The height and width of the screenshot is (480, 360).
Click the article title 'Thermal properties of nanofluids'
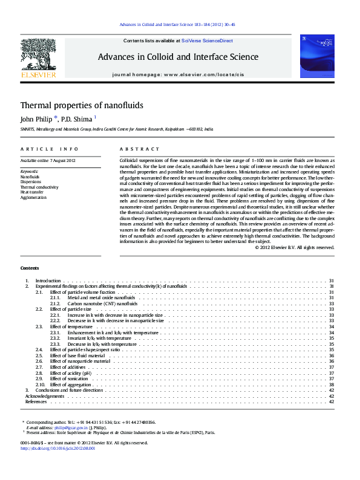tap(82, 105)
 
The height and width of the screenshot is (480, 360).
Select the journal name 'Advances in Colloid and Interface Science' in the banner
tap(178, 57)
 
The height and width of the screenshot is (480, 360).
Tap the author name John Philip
tap(36, 119)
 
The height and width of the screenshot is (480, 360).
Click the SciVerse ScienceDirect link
tap(207, 41)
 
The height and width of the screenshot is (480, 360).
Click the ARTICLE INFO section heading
tap(50, 149)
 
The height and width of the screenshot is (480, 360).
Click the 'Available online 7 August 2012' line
tap(48, 160)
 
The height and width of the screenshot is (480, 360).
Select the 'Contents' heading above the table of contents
tap(30, 268)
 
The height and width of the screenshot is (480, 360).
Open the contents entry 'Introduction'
tap(48, 281)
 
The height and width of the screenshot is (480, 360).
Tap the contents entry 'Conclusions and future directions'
tap(69, 390)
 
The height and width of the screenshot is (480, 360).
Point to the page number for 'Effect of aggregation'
tap(331, 384)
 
